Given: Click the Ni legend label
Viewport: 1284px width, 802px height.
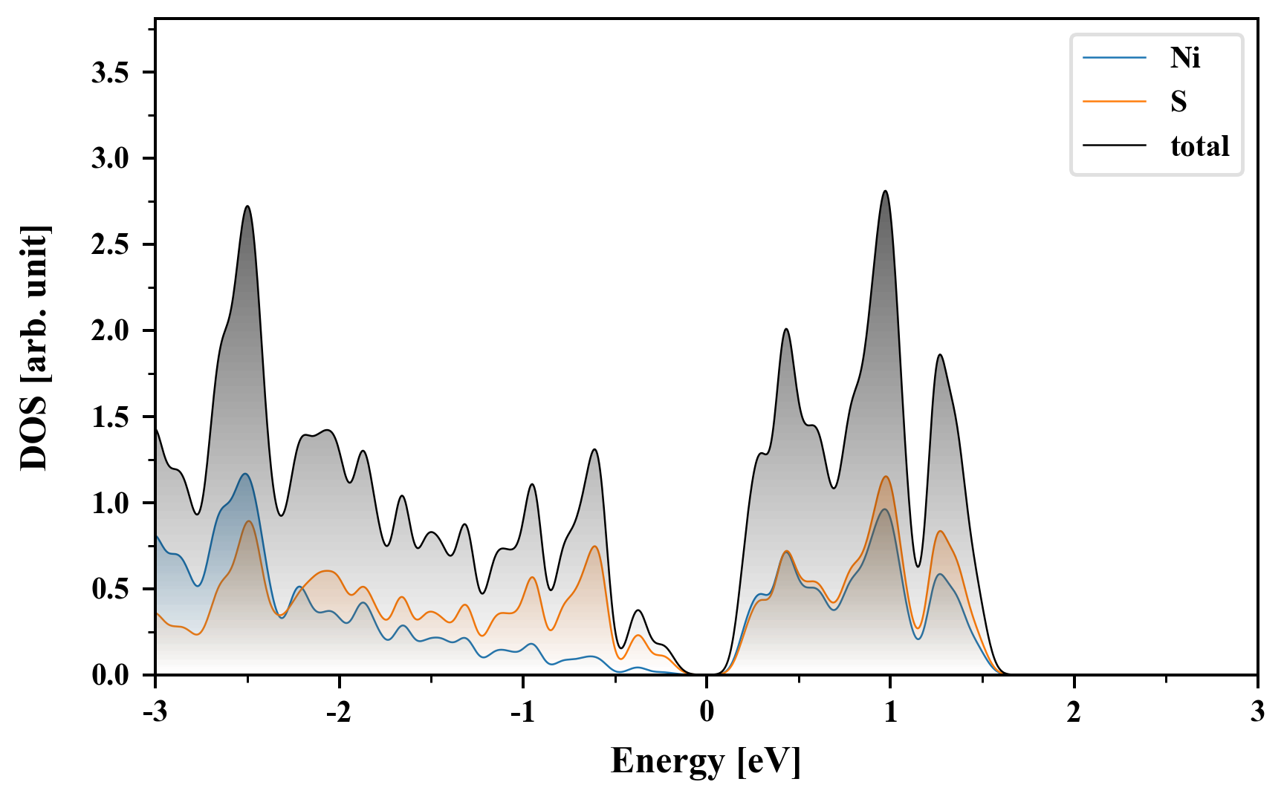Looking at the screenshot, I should pos(1185,58).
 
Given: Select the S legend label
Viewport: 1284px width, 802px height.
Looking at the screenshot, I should pos(1178,102).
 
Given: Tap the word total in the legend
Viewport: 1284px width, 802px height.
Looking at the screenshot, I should pos(1200,146).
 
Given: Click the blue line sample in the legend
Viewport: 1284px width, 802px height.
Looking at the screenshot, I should pos(1114,58).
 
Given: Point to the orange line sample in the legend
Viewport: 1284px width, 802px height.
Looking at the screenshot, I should pos(1114,102).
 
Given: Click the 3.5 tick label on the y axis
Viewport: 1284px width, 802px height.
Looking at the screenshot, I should pos(111,73).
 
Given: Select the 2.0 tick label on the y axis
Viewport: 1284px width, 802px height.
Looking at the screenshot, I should pos(111,331).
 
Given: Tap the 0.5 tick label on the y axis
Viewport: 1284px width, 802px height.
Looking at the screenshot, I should pos(111,590).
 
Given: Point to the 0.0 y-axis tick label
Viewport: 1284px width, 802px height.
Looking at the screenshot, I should pos(111,676).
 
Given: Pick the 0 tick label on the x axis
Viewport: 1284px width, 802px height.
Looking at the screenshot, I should pos(707,713).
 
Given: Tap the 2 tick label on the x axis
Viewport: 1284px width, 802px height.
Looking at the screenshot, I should pos(1074,713).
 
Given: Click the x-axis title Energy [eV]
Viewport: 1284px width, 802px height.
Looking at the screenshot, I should pos(706,761).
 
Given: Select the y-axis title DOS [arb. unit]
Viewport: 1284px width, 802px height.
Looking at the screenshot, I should pos(34,348).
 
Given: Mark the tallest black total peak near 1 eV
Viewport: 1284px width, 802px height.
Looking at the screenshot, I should pos(885,192).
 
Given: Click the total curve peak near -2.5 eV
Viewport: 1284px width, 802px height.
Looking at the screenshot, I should pos(247,206).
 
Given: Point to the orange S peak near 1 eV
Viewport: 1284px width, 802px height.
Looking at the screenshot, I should pos(886,477).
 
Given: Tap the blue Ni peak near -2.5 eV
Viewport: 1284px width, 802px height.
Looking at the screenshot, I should pos(244,474).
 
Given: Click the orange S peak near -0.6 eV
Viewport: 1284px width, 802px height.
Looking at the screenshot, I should pos(595,547).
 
